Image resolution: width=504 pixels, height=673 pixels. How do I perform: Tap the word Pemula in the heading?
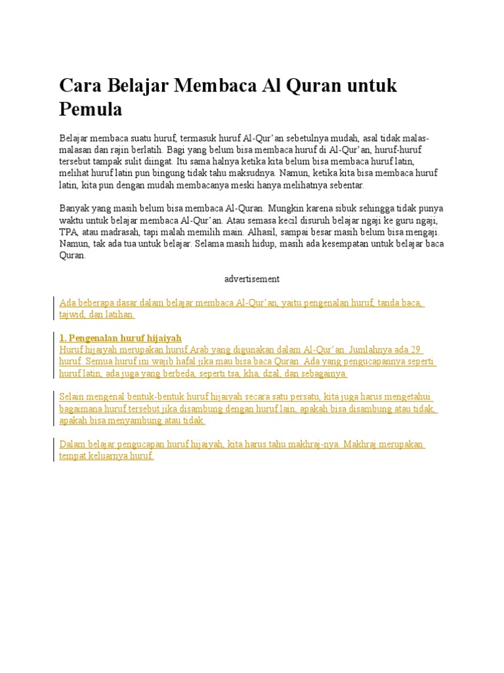coord(91,109)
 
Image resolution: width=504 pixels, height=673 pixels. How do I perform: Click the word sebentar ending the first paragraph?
coord(343,185)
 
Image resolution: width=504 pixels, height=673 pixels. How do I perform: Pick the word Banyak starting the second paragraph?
coord(73,209)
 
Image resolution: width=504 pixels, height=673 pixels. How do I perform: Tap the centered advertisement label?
coord(252,279)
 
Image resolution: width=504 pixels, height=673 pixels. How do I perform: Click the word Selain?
coord(72,397)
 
